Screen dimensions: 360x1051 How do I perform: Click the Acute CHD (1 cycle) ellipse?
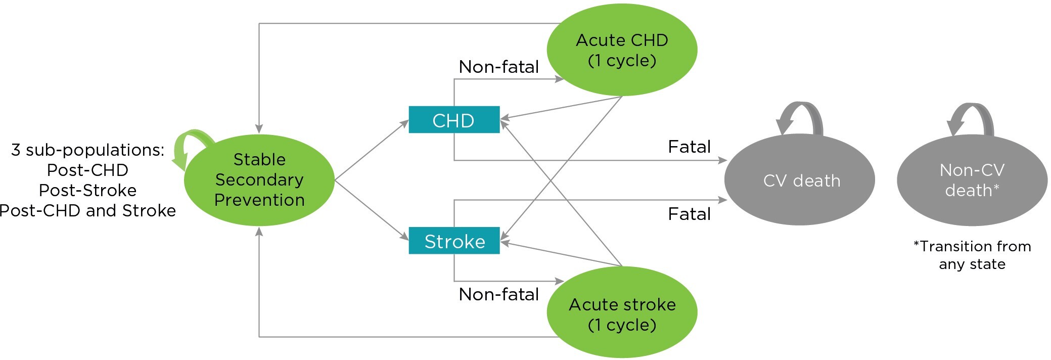point(622,50)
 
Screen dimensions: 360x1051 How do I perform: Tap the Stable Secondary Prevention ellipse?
point(259,180)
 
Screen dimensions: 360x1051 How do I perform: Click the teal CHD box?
point(453,120)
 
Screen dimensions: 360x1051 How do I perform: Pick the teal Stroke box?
point(453,241)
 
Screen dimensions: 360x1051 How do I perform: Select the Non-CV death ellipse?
point(972,181)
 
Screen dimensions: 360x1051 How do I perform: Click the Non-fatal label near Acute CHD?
point(498,67)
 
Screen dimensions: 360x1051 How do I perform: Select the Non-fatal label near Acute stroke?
point(498,294)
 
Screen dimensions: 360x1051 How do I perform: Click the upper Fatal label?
point(689,147)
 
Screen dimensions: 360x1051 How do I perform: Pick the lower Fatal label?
point(689,214)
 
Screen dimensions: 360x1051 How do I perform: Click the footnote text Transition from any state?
point(972,255)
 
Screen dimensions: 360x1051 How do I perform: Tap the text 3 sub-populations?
point(87,150)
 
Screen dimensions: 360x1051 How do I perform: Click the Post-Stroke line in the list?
point(87,190)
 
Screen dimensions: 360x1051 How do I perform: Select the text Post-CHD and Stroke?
point(87,210)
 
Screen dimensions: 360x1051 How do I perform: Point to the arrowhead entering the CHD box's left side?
point(405,122)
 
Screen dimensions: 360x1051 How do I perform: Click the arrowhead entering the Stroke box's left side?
point(405,237)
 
